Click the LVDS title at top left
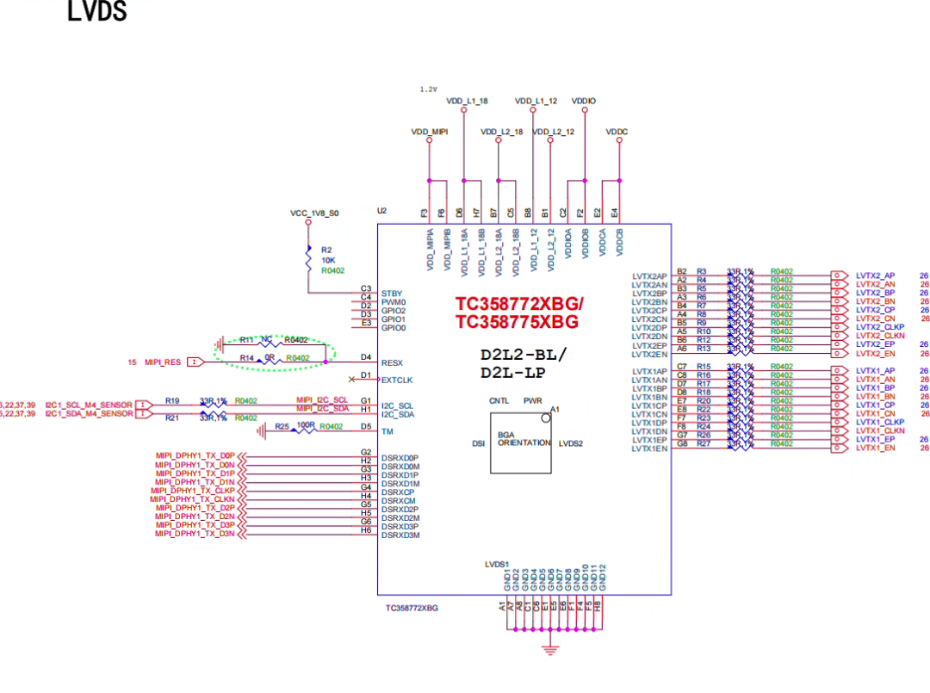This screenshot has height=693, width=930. pos(97,12)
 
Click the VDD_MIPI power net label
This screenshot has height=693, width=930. pos(430,132)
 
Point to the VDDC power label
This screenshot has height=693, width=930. pos(617,132)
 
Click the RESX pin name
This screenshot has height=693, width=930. pos(391,362)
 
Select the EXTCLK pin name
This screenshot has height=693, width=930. pos(397,379)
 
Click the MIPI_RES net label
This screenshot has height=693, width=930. pos(163,362)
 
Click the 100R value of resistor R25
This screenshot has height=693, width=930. pos(306,426)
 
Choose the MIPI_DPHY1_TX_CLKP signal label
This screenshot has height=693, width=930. pos(192,490)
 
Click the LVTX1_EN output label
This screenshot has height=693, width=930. pos(875,448)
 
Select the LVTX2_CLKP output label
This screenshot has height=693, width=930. pos(880,327)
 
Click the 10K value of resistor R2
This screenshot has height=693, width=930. pos(328,259)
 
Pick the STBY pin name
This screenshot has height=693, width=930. pos(391,294)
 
